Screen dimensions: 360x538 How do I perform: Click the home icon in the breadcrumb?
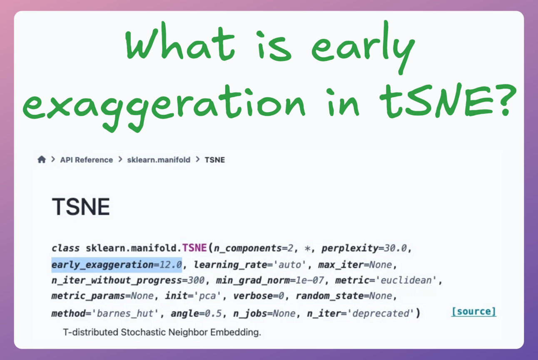click(x=42, y=159)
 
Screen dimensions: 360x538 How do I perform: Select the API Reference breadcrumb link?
click(x=86, y=160)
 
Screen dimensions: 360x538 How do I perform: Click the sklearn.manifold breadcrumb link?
click(x=159, y=160)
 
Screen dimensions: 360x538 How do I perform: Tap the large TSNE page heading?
click(x=81, y=207)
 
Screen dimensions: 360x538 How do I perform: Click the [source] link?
click(x=473, y=311)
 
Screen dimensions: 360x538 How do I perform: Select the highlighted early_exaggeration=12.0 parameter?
click(x=117, y=265)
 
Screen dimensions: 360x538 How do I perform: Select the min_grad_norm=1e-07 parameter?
click(x=269, y=281)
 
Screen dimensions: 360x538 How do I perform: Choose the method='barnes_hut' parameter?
click(x=105, y=313)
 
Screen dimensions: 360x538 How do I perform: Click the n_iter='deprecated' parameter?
click(x=361, y=313)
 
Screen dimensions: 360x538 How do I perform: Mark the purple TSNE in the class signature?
click(x=194, y=248)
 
